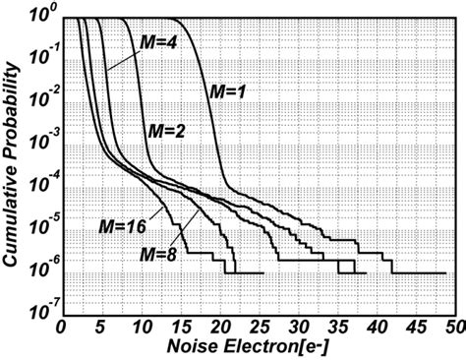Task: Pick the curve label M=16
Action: click(123, 226)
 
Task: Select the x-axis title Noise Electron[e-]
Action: click(262, 348)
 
